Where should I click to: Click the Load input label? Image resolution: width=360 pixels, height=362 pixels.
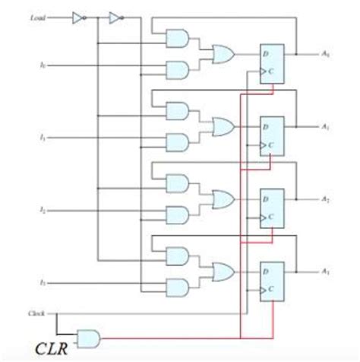point(39,15)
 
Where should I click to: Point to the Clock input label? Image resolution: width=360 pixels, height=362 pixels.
point(36,313)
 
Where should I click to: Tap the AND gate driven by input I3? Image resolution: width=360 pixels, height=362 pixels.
point(177,286)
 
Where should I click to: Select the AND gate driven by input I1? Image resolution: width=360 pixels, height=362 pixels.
point(177,141)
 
